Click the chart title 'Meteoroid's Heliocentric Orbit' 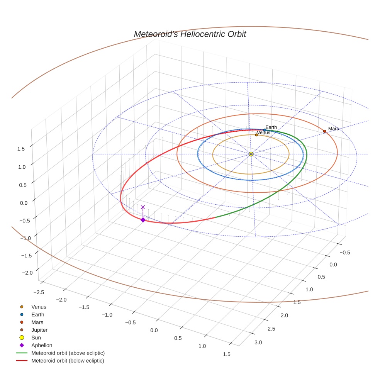pos(190,34)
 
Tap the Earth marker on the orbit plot pos(265,130)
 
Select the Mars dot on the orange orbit pos(324,131)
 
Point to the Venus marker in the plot pos(256,135)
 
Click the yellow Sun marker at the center pos(251,154)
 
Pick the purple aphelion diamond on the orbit pos(143,220)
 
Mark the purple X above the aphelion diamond pos(143,207)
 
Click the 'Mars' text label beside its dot pos(333,129)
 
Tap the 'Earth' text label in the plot pos(271,127)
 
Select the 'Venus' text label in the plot pos(263,132)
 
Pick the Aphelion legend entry pos(41,345)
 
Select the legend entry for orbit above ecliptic pos(68,353)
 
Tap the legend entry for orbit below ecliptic pos(68,361)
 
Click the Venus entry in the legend pos(39,307)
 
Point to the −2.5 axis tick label pos(38,292)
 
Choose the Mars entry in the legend pos(37,322)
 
